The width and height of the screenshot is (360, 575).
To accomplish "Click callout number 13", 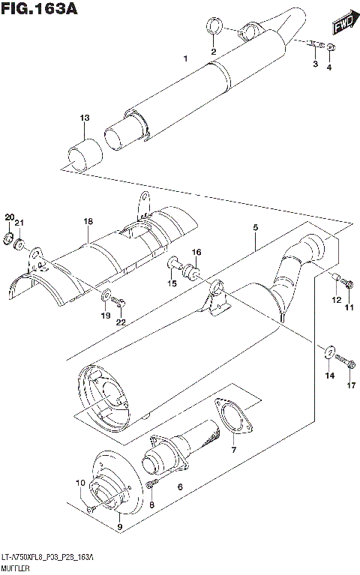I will coord(85,118).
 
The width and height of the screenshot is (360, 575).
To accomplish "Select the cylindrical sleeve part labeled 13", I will coord(84,155).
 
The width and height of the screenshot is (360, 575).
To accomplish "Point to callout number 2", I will coord(212,51).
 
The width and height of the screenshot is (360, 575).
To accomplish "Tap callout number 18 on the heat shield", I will coord(88,222).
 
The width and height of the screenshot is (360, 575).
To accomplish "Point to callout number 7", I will coord(233,450).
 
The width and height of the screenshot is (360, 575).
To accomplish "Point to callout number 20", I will coord(9,217).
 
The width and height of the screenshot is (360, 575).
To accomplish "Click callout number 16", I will coord(196,253).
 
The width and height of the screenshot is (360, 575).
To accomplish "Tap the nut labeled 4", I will coord(331,49).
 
